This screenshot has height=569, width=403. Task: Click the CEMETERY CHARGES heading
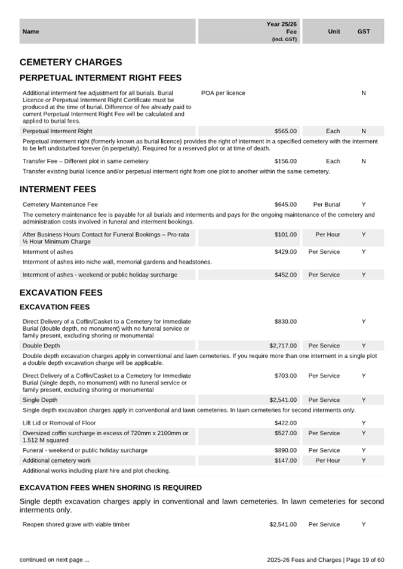point(70,62)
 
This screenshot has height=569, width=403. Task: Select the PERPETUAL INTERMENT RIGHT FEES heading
point(100,78)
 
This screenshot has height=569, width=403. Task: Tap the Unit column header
point(334,32)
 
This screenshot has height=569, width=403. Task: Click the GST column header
point(364,32)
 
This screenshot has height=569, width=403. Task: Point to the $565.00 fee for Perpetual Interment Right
point(285,131)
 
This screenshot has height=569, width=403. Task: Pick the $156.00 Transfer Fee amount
point(285,161)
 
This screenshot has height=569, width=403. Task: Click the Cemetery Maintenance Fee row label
point(60,204)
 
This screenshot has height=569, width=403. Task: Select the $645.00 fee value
point(285,204)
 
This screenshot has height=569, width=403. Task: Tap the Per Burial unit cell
point(327,204)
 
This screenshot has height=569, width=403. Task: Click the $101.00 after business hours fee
point(285,235)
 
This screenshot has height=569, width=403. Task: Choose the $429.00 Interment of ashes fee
point(285,252)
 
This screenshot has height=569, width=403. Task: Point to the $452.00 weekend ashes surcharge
point(285,275)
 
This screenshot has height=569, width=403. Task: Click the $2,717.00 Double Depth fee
point(283,346)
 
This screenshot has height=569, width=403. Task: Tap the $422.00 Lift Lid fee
point(285,423)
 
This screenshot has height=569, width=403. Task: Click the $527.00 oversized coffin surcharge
point(285,433)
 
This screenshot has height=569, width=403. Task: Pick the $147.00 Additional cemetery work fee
point(285,460)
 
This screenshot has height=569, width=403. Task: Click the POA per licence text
point(223,93)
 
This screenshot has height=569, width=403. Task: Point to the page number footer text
point(325,559)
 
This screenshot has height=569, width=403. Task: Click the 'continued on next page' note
point(54,559)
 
